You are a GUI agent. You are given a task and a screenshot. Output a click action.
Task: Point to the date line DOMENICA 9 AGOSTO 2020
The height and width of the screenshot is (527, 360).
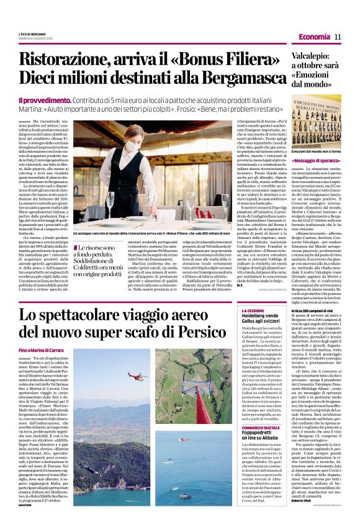tap(37, 38)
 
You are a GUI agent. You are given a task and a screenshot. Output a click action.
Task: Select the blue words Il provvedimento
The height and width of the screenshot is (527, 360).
tap(42, 100)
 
